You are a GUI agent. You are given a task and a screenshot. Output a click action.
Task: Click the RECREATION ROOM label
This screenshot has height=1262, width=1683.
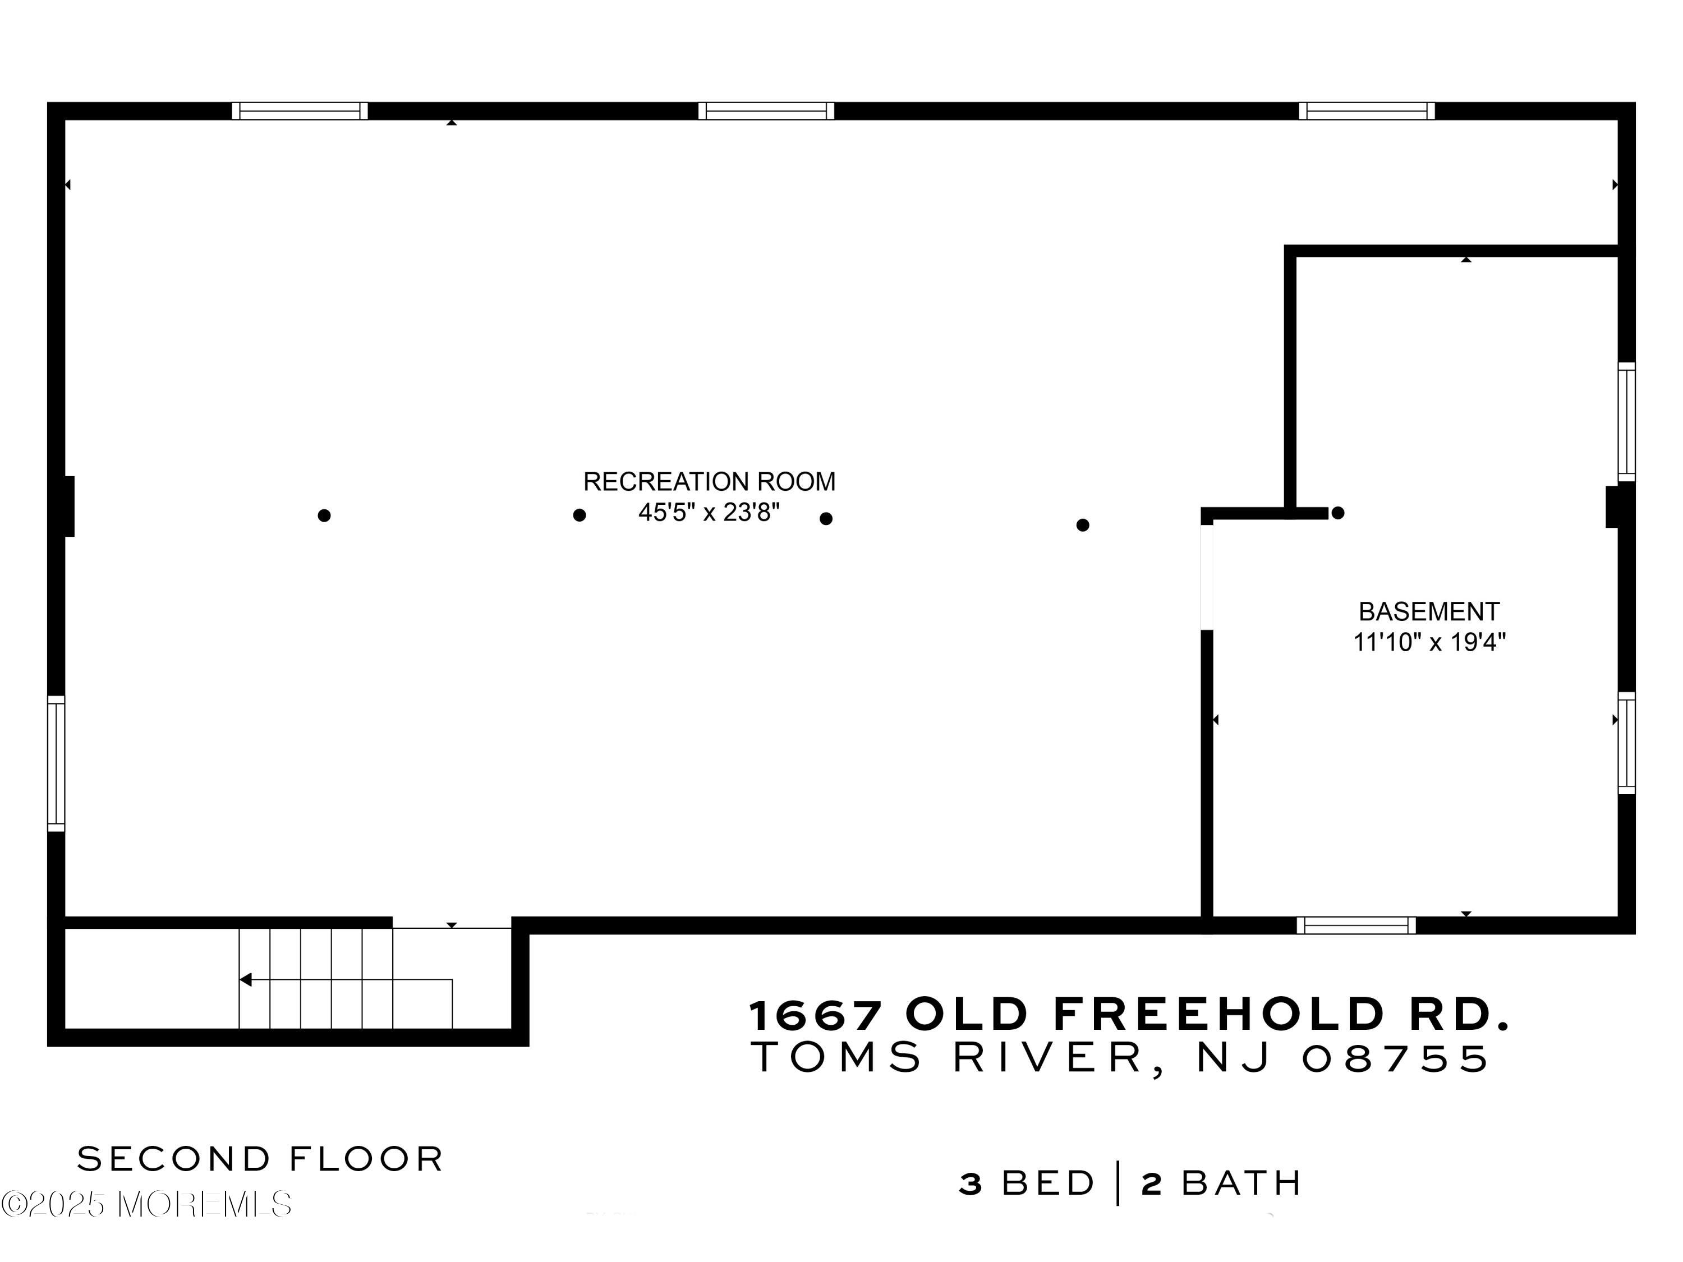pos(709,481)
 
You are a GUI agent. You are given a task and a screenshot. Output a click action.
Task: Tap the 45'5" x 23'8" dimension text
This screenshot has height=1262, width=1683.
pos(709,513)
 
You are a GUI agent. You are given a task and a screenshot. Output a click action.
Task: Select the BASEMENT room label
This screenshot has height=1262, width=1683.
pos(1429,611)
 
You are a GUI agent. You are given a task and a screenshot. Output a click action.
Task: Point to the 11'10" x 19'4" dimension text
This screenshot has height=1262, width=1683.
pos(1429,643)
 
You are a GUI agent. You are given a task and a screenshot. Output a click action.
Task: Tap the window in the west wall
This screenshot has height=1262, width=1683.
pos(56,763)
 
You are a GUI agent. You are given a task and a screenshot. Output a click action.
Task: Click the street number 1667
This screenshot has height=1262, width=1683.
pos(816,1015)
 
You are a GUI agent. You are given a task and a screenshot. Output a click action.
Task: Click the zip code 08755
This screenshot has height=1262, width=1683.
pos(1395,1058)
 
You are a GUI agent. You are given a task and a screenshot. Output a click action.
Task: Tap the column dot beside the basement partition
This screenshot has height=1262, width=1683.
pos(1337,513)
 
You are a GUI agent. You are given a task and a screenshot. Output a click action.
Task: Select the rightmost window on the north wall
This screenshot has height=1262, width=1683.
pos(1367,111)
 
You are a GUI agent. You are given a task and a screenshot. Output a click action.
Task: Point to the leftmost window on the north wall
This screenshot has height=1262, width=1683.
pos(300,111)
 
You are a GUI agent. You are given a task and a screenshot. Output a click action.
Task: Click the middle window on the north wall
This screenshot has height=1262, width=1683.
pos(766,111)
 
